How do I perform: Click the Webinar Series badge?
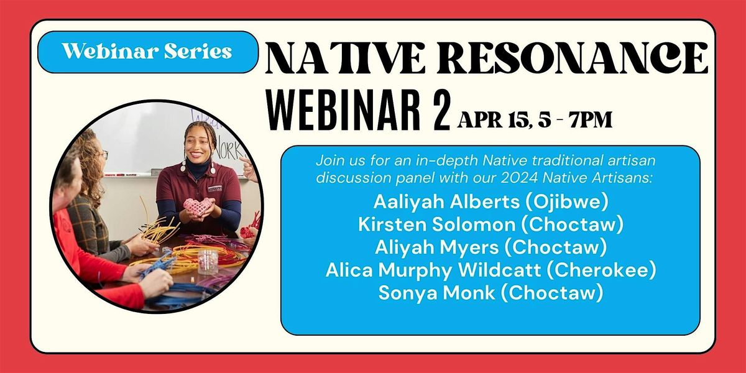[x=147, y=52]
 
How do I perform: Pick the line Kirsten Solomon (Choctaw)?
[x=490, y=224]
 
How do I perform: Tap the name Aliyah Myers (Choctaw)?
[x=490, y=247]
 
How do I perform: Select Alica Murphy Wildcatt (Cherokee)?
[x=490, y=270]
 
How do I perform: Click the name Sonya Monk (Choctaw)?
[x=490, y=293]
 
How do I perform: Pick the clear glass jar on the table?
[x=207, y=261]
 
